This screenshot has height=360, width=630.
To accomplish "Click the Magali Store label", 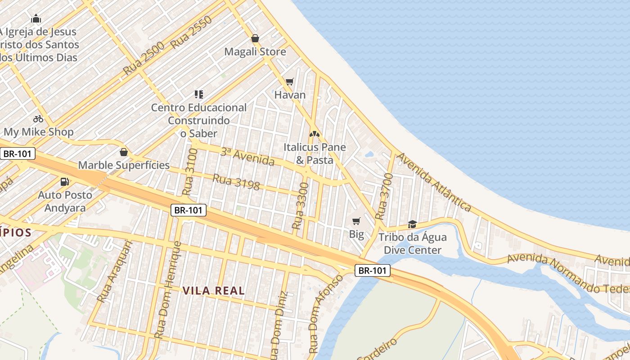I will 255,52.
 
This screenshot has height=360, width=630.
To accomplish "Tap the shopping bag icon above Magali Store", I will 255,38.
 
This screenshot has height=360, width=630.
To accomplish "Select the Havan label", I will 290,95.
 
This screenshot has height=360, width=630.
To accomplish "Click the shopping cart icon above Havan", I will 290,81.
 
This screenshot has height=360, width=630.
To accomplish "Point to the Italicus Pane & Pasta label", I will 315,153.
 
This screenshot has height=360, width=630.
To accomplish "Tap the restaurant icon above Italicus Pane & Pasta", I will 315,134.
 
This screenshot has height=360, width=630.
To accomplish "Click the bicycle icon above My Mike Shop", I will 38,119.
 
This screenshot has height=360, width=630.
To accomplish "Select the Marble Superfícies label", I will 124,165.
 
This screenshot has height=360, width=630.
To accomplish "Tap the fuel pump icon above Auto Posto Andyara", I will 65,182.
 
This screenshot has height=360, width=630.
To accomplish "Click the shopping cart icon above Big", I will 356,221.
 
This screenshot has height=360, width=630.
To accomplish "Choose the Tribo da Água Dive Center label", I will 412,243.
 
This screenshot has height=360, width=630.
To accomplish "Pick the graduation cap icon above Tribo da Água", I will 412,224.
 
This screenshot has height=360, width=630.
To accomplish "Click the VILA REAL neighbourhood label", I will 214,291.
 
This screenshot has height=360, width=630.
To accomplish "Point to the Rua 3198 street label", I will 236,182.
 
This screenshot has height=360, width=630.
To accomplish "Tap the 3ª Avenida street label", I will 247,156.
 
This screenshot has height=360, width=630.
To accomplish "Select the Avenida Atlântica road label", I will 434,182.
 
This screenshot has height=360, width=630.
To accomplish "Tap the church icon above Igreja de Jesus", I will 36,18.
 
